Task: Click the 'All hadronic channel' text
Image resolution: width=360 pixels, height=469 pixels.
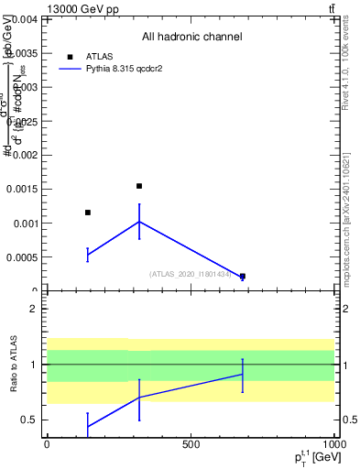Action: click(x=191, y=38)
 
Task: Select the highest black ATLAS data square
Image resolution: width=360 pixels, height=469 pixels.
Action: click(x=139, y=186)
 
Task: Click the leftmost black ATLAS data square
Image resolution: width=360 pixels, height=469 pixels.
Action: click(x=87, y=213)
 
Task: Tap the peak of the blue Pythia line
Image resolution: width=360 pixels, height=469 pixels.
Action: click(x=139, y=222)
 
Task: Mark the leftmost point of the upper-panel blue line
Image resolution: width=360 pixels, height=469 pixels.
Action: click(x=87, y=255)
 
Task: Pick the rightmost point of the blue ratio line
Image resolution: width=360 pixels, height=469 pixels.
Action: click(x=243, y=374)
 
